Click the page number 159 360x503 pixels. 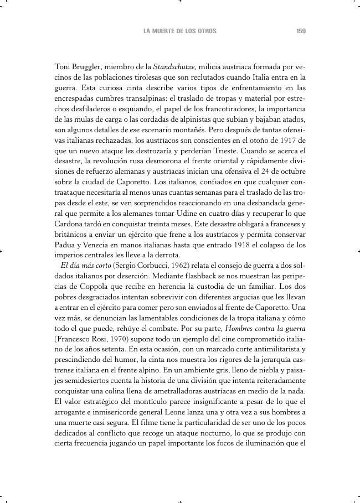tap(301, 32)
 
